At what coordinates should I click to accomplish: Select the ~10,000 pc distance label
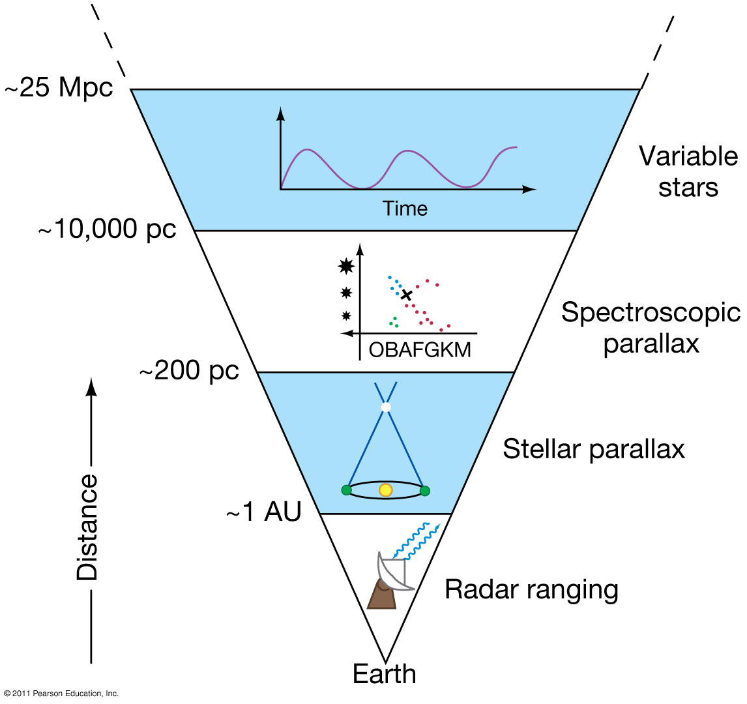coord(107,230)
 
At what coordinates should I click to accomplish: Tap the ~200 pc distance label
coord(189,371)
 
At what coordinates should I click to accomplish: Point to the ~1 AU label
coord(264,513)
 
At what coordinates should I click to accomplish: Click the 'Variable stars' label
coord(688,171)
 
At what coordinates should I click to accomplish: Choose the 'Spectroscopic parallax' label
coord(651,327)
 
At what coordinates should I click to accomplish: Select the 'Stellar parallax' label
coord(594,449)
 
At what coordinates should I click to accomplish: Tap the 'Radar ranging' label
coord(531,590)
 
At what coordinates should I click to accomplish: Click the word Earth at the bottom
coord(385,673)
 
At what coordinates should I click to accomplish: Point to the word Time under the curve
coord(405,209)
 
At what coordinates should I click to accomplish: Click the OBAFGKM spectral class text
coord(420,350)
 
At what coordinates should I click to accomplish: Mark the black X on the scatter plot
coord(407,295)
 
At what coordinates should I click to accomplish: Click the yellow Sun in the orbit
coord(386,490)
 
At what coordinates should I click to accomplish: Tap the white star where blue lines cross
coord(386,407)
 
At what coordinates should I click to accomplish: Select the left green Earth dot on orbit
coord(346,490)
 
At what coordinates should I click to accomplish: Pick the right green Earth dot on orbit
coord(425,490)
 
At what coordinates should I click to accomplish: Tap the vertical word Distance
coord(87,527)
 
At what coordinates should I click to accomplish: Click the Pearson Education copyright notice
coord(61,694)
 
